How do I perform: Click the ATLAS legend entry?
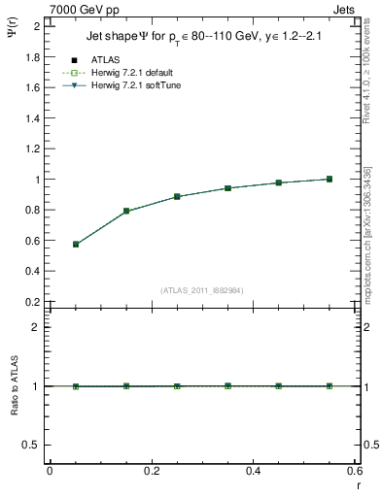tap(106, 59)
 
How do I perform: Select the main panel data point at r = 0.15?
tap(126, 211)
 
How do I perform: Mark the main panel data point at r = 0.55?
tap(330, 179)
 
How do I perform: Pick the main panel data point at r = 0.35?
tap(227, 188)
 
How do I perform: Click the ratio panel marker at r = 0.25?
tap(177, 386)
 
